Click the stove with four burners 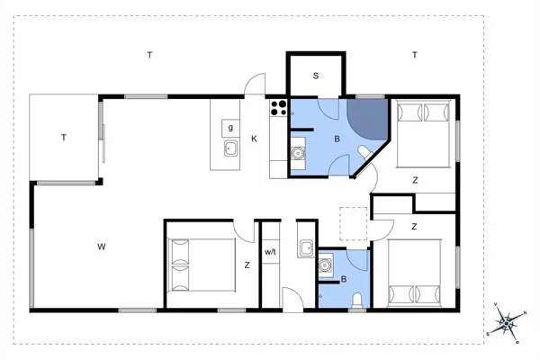(x=278, y=109)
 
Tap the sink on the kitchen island (x=230, y=148)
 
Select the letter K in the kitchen (x=255, y=139)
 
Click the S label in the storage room (x=316, y=76)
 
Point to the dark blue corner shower (x=367, y=114)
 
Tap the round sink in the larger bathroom (x=299, y=154)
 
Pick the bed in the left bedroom (x=201, y=265)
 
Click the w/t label (x=270, y=251)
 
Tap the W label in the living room (x=103, y=245)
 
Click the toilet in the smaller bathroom (x=358, y=301)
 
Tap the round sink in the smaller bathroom (x=326, y=266)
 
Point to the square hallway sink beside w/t (x=306, y=248)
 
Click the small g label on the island (x=230, y=128)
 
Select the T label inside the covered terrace (x=64, y=138)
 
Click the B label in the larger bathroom (x=337, y=139)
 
